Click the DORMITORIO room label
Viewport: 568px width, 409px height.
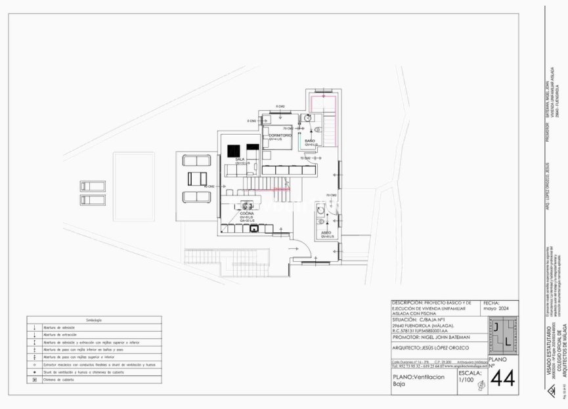pyautogui.click(x=280, y=135)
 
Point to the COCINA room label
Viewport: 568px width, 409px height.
pyautogui.click(x=247, y=213)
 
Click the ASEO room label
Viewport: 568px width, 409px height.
pyautogui.click(x=326, y=232)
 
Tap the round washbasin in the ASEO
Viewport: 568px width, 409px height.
pyautogui.click(x=320, y=211)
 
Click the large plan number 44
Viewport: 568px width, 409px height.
pyautogui.click(x=502, y=379)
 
